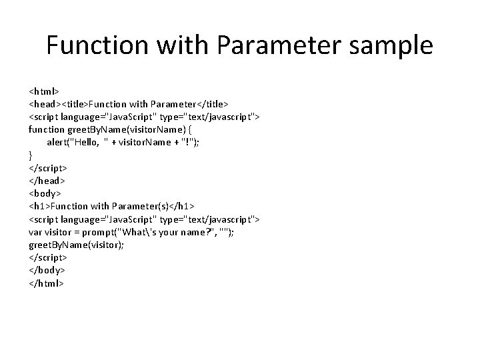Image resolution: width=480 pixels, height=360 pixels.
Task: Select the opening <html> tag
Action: pyautogui.click(x=44, y=91)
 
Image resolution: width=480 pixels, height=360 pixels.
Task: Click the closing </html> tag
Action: pyautogui.click(x=46, y=283)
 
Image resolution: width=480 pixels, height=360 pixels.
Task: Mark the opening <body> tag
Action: pyautogui.click(x=45, y=193)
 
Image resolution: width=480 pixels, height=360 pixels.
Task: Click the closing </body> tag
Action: pyautogui.click(x=47, y=270)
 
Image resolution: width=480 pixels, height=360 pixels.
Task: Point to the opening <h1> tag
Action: pyautogui.click(x=39, y=206)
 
